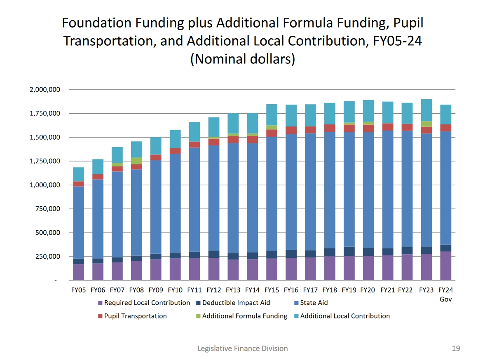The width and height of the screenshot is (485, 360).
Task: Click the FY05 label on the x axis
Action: [x=79, y=290]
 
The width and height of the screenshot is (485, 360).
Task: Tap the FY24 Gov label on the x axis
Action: [x=445, y=295]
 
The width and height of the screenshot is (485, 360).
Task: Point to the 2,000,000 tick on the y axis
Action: [x=45, y=90]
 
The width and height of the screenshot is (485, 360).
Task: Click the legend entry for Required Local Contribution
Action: [x=147, y=303]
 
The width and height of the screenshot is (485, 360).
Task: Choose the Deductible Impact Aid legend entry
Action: [x=236, y=303]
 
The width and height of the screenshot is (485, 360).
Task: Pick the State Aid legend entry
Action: [x=314, y=303]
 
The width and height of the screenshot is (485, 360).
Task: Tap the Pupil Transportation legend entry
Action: [x=135, y=316]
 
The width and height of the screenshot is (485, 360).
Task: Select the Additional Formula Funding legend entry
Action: [x=244, y=316]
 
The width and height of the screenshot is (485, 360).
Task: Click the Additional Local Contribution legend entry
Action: [x=344, y=316]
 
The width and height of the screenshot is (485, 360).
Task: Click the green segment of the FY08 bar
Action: [x=136, y=161]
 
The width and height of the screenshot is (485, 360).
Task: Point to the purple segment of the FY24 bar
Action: [x=445, y=266]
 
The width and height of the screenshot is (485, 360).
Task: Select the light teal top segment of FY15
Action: [x=272, y=115]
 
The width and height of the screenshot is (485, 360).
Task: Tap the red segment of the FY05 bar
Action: [x=79, y=184]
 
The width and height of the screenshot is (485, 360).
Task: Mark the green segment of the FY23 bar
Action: [x=426, y=124]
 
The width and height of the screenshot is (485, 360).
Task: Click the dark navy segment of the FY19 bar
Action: [x=349, y=251]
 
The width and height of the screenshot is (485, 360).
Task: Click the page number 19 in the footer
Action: [x=455, y=348]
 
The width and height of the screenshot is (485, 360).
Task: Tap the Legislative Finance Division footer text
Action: [x=242, y=348]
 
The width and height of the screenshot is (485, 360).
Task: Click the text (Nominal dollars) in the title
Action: [x=242, y=59]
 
